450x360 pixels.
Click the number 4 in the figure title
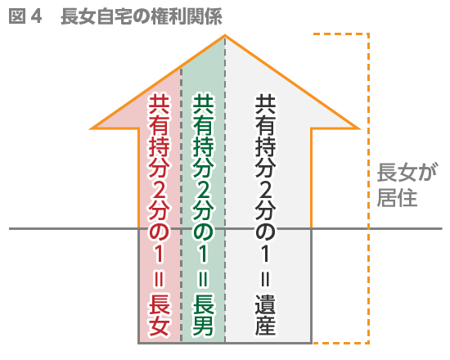tap(37, 16)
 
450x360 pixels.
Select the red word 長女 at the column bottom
tap(159, 315)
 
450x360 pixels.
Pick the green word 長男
tap(203, 315)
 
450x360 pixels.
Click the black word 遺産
tap(265, 315)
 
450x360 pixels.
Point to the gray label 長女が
tap(407, 173)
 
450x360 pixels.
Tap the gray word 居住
tap(397, 197)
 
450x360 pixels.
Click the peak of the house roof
tap(225, 35)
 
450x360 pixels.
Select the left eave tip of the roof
tap(90, 128)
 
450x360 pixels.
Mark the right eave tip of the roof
tap(359, 128)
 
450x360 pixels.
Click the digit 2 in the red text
tap(159, 190)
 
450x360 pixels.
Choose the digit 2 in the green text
tap(203, 190)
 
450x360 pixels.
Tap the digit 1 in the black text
tap(265, 254)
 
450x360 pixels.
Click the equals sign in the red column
tap(159, 278)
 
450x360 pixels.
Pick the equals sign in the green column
tap(203, 278)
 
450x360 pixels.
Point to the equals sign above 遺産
tap(265, 278)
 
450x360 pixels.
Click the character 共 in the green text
tap(203, 104)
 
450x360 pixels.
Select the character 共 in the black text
tap(265, 104)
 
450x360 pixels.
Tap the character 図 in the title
tap(17, 16)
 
